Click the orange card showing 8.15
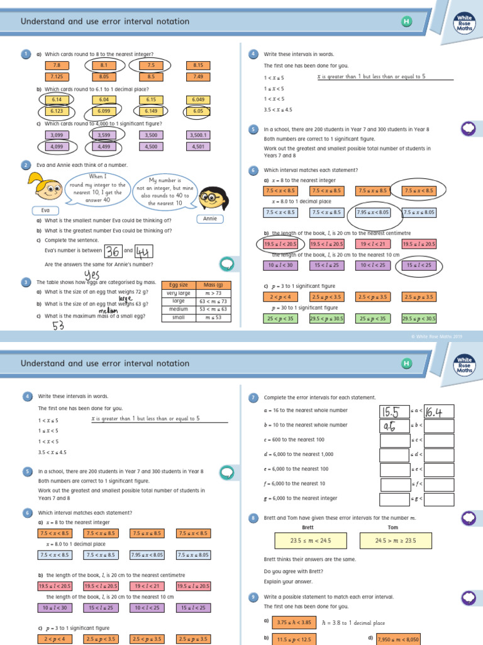pos(198,65)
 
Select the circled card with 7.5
pos(151,65)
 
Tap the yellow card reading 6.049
pos(198,100)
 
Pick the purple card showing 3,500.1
pos(198,135)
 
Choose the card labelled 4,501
pos(198,147)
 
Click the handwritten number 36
pos(113,252)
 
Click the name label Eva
pos(45,210)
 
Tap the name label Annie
pos(210,219)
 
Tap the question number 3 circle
pos(26,282)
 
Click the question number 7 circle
pos(253,397)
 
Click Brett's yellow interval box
pos(310,540)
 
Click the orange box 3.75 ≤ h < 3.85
pos(294,622)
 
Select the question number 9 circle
pos(253,596)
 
